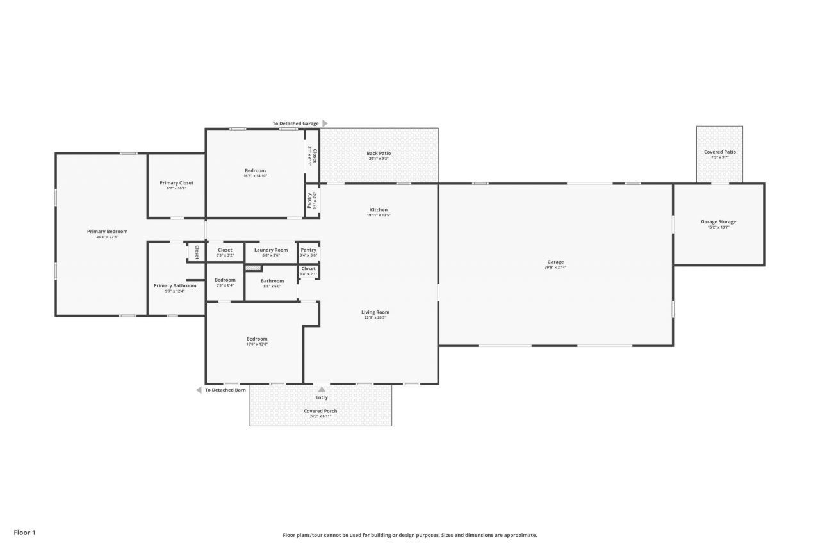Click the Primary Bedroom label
tap(107, 232)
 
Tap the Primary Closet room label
tap(176, 183)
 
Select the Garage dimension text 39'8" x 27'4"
tap(555, 268)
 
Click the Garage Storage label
tap(718, 222)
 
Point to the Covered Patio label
tap(720, 152)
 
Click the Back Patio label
tap(379, 154)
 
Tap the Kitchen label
tap(379, 210)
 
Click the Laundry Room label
tap(271, 250)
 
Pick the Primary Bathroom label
tap(175, 285)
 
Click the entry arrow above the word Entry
tap(322, 389)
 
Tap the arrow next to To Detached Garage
tap(325, 124)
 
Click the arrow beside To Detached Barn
tap(199, 390)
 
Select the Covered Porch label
tap(320, 411)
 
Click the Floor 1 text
tap(24, 532)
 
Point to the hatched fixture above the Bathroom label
tap(253, 268)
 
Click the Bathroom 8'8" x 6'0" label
tap(272, 281)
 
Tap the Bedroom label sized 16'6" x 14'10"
tap(255, 171)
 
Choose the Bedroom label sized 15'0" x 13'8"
tap(257, 339)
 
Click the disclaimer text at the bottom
tap(410, 535)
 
